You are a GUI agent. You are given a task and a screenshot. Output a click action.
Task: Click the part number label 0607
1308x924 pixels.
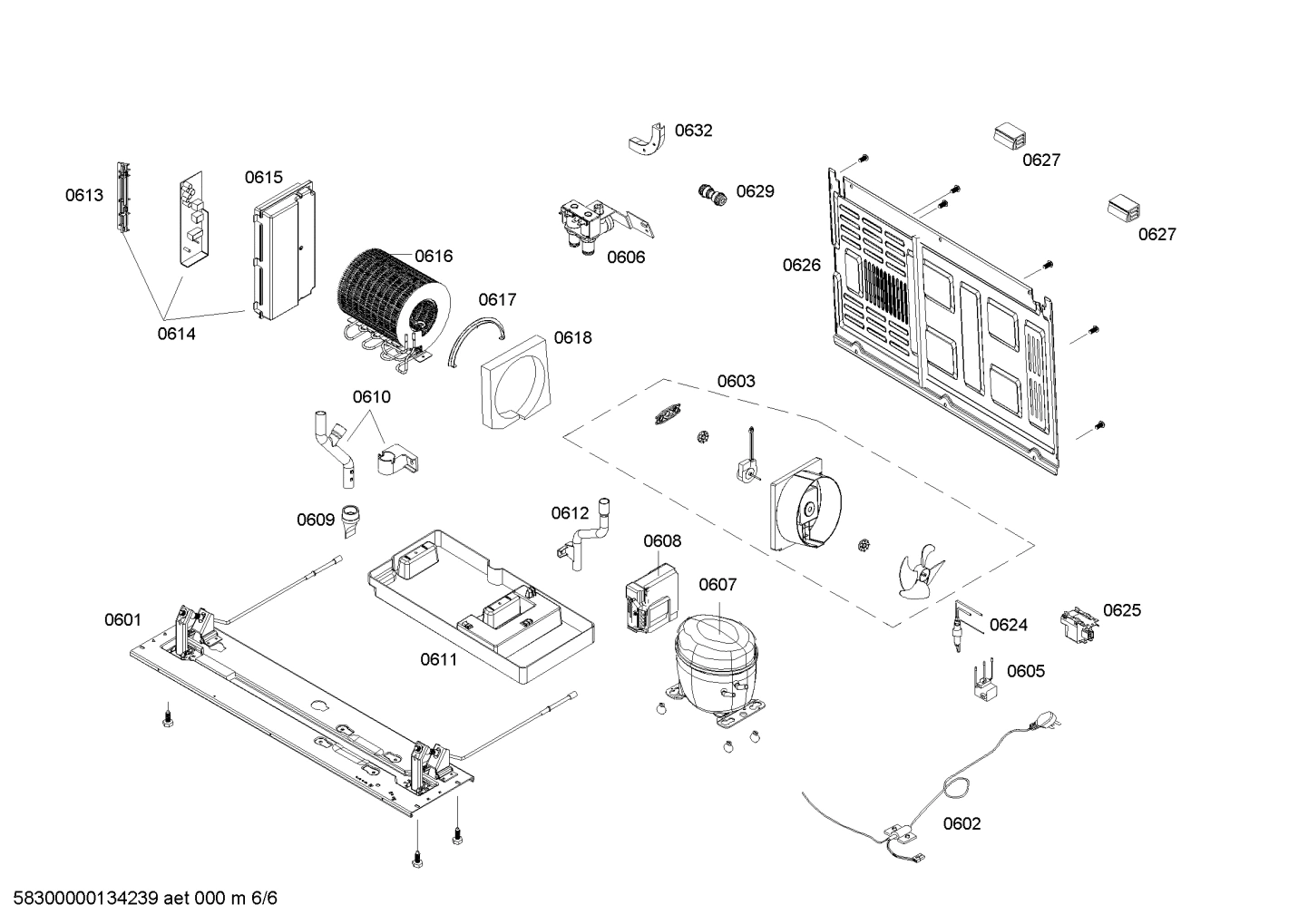click(717, 585)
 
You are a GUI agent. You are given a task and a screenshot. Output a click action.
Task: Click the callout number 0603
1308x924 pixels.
click(736, 381)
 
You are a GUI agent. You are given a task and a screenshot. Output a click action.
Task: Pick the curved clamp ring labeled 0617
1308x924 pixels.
click(473, 340)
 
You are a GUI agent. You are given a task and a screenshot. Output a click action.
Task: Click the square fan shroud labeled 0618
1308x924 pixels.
click(514, 381)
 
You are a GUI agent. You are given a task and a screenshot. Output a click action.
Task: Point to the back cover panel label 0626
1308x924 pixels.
click(802, 265)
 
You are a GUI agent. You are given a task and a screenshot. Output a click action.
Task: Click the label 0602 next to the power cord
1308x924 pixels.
click(961, 823)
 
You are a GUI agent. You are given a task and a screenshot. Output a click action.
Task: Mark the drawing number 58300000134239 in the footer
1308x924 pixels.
click(81, 899)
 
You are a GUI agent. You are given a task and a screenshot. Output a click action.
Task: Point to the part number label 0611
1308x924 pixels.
click(438, 659)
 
